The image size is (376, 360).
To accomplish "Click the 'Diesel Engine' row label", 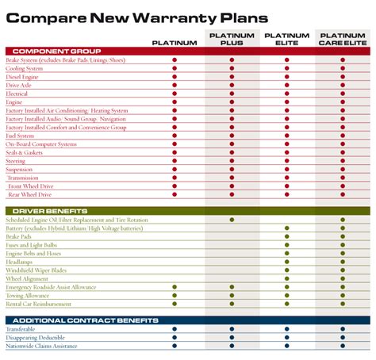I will [24, 78].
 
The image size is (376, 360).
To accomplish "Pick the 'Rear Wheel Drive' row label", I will [30, 194].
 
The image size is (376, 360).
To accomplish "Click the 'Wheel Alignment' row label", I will [26, 278].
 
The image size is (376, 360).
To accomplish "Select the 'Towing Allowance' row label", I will [28, 296].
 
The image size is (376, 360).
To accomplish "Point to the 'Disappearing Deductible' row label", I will [36, 337].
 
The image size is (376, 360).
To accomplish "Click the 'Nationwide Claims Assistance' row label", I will [42, 346].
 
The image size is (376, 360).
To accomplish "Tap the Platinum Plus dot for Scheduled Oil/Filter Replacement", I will [232, 219].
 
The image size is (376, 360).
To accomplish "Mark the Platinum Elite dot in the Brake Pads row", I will [287, 236].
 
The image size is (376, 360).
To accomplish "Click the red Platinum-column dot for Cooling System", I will [175, 69].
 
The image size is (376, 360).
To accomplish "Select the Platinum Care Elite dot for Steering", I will [343, 161].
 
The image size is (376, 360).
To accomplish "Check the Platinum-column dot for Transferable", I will [175, 329].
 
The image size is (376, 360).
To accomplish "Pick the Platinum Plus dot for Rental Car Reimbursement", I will [232, 304].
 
